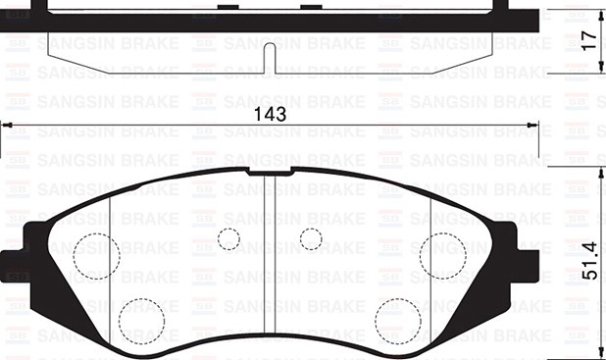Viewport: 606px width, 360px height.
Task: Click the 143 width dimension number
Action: [270, 115]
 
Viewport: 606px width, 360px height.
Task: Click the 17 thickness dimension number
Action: [589, 40]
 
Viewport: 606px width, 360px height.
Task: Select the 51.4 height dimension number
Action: [589, 261]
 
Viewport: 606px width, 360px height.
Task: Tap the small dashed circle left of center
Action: [228, 239]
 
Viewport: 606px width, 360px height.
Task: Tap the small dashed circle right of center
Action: [311, 239]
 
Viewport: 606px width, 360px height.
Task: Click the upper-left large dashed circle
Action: [97, 256]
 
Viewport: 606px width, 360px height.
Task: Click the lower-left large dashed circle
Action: [142, 322]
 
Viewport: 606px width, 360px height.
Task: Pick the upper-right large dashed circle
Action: [443, 256]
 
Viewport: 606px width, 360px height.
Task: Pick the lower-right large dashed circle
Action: [398, 322]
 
